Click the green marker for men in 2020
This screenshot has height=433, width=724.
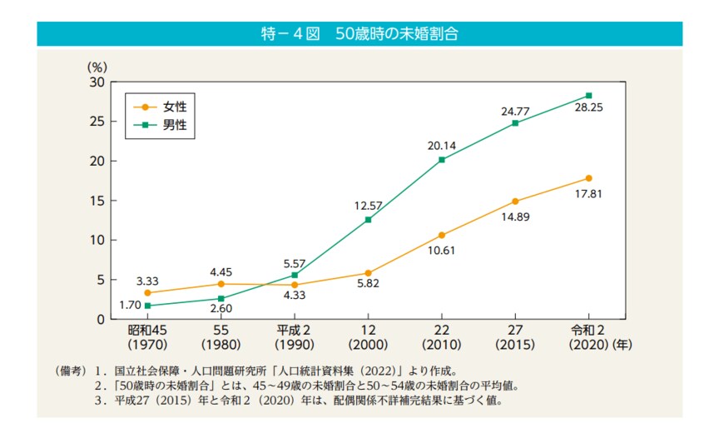[x=588, y=96]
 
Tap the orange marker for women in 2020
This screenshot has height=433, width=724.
[x=588, y=178]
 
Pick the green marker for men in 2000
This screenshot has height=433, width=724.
[x=368, y=220]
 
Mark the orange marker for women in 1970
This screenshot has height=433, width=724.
[x=147, y=293]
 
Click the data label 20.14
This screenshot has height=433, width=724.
[x=442, y=145]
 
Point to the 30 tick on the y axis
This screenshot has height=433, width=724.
[x=97, y=82]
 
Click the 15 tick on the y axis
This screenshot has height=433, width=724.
[x=97, y=201]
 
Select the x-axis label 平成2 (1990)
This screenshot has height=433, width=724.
[x=295, y=337]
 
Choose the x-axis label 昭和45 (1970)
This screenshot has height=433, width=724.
[x=147, y=337]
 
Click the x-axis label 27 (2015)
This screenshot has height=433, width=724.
[x=515, y=337]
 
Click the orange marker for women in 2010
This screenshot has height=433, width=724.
[x=441, y=235]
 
